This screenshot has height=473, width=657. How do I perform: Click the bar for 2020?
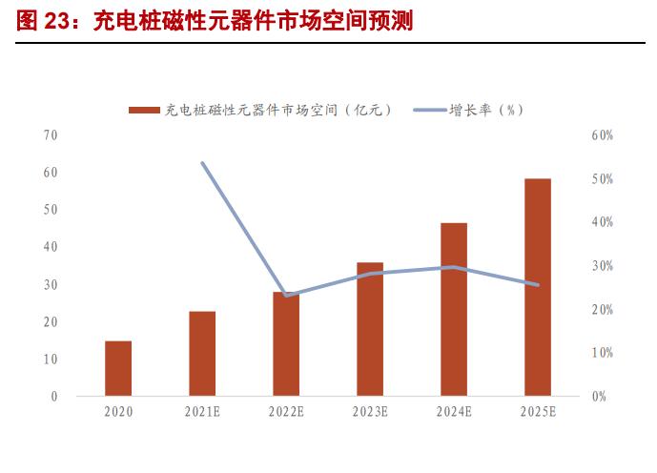point(118,368)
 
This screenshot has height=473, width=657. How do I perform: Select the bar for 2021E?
point(202,353)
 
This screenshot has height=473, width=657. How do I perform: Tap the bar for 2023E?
point(370,329)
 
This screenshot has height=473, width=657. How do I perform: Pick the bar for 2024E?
point(454,309)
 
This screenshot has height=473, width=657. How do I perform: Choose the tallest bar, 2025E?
point(538,287)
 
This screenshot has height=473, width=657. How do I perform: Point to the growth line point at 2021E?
point(202,163)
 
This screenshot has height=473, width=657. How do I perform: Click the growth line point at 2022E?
point(286,295)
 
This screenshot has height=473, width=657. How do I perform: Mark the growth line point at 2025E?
point(538,284)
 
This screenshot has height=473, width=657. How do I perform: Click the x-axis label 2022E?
point(286,412)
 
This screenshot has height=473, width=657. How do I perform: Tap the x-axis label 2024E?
point(454,412)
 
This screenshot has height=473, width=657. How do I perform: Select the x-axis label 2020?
point(118,412)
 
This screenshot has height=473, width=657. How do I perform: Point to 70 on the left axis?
point(51,135)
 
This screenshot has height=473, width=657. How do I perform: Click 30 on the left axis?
point(51,284)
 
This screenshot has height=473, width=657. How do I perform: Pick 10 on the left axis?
point(51,359)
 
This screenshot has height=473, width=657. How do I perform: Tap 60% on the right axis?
point(602,136)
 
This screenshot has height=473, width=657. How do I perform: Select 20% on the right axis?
point(602,310)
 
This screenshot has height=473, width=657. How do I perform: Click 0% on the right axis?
point(598,397)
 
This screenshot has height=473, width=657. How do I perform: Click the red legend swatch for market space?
point(144,111)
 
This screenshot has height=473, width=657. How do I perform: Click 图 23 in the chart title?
point(47,21)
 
